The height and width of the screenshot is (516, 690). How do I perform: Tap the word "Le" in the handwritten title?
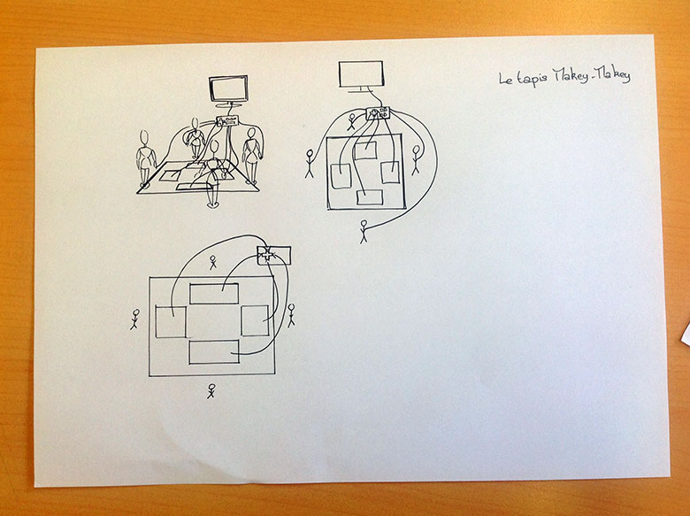(x=506, y=79)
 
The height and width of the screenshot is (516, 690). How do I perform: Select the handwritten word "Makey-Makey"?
(x=592, y=76)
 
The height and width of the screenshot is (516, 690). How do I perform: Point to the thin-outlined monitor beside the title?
(x=361, y=76)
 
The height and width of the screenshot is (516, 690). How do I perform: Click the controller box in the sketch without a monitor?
(x=273, y=255)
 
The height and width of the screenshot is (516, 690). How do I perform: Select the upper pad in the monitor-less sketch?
(x=214, y=293)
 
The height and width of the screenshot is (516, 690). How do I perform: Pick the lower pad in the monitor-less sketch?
(x=214, y=351)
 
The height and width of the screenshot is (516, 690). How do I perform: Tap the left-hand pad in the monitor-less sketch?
(x=171, y=322)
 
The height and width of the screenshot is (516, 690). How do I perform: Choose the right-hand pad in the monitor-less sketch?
(x=255, y=320)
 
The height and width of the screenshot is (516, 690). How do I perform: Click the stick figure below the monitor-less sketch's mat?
(x=211, y=391)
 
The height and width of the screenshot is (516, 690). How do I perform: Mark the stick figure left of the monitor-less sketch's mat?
(x=134, y=319)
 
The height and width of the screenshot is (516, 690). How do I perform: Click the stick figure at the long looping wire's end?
(x=364, y=232)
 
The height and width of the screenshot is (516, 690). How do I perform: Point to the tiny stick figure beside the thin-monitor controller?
(x=351, y=122)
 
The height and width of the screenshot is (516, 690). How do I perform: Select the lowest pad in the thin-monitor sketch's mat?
(x=370, y=197)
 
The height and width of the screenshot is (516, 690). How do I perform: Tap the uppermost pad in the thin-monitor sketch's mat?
(x=364, y=150)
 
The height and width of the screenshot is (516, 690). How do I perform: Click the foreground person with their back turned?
(x=213, y=173)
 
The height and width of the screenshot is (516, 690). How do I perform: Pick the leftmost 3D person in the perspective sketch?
(x=145, y=158)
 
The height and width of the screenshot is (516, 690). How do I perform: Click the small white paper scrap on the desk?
(x=686, y=335)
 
